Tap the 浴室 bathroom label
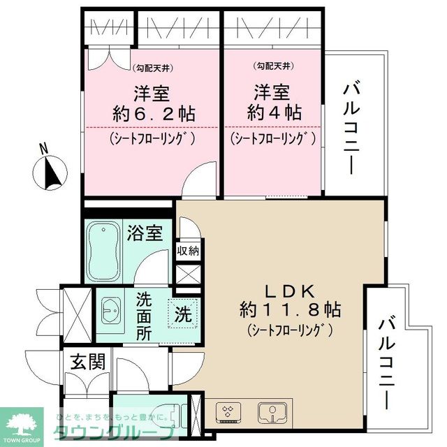(x=145, y=233)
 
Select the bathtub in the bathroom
(x=105, y=251)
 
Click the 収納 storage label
(x=189, y=251)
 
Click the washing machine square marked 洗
(x=183, y=314)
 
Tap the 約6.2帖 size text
(x=153, y=113)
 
